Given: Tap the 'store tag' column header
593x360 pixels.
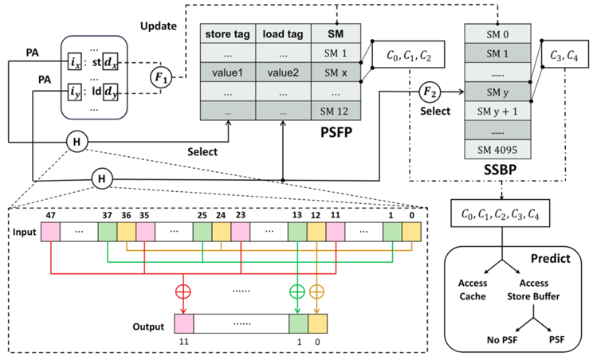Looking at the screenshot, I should click(227, 33).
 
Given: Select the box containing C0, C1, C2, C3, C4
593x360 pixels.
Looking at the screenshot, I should click(500, 212).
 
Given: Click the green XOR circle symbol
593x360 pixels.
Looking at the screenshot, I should click(297, 288).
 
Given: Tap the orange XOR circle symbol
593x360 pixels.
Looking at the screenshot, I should click(317, 288).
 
